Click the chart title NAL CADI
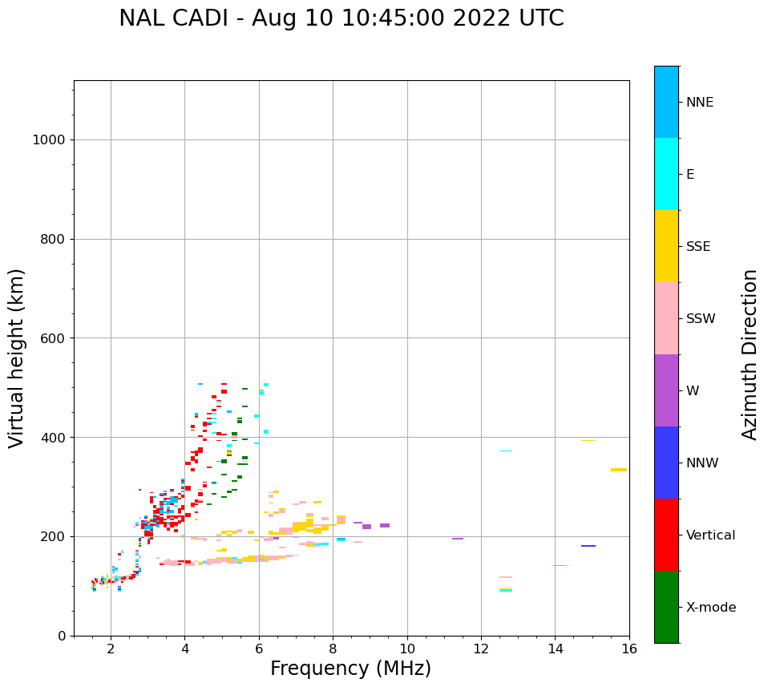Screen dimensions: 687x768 pyautogui.click(x=341, y=18)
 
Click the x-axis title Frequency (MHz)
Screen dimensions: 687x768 pyautogui.click(x=350, y=669)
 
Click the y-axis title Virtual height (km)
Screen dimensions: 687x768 pyautogui.click(x=17, y=358)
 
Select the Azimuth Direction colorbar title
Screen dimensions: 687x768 pyautogui.click(x=750, y=354)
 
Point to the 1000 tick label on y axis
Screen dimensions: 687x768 pyautogui.click(x=48, y=139)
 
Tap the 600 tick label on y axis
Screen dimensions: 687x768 pyautogui.click(x=52, y=338)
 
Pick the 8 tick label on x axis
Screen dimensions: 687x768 pyautogui.click(x=333, y=649)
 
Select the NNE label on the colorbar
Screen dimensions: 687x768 pyautogui.click(x=699, y=103)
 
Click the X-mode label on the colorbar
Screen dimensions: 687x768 pyautogui.click(x=710, y=608)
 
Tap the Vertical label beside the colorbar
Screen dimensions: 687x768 pyautogui.click(x=710, y=535)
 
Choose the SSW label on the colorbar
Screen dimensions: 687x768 pyautogui.click(x=701, y=319)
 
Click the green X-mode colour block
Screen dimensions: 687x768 pyautogui.click(x=666, y=607)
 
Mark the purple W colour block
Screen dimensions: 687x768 pyautogui.click(x=666, y=390)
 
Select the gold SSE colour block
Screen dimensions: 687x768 pyautogui.click(x=666, y=246)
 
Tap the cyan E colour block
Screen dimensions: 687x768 pyautogui.click(x=666, y=174)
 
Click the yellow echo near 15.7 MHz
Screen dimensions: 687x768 pyautogui.click(x=618, y=470)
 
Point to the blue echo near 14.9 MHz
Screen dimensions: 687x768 pyautogui.click(x=588, y=546)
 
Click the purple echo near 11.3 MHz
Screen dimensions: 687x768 pyautogui.click(x=457, y=539)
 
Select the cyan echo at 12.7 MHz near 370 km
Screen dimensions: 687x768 pyautogui.click(x=506, y=451)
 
